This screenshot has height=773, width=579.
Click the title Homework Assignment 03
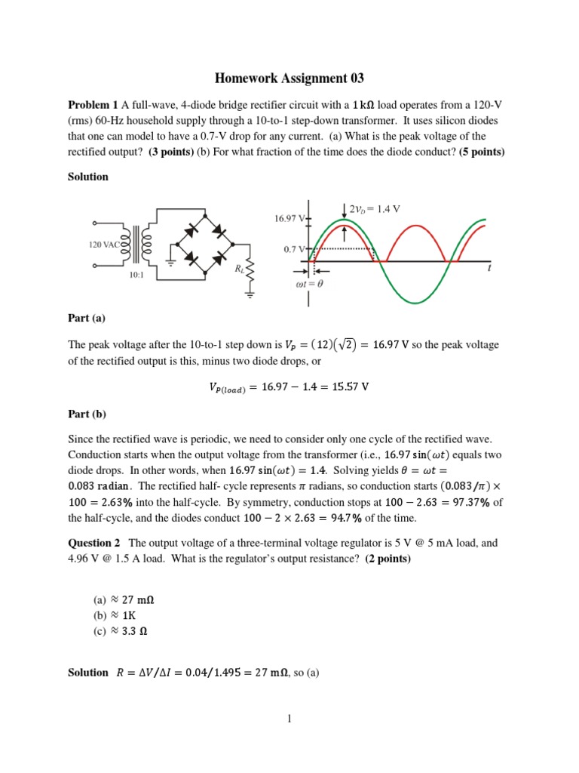pos(289,78)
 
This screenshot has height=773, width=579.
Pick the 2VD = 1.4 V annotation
pos(375,209)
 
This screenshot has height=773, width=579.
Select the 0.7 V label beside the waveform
pos(294,248)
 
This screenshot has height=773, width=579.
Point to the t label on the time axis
pos(489,267)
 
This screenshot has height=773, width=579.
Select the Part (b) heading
pos(87,414)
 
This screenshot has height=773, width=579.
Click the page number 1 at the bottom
pos(289,718)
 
